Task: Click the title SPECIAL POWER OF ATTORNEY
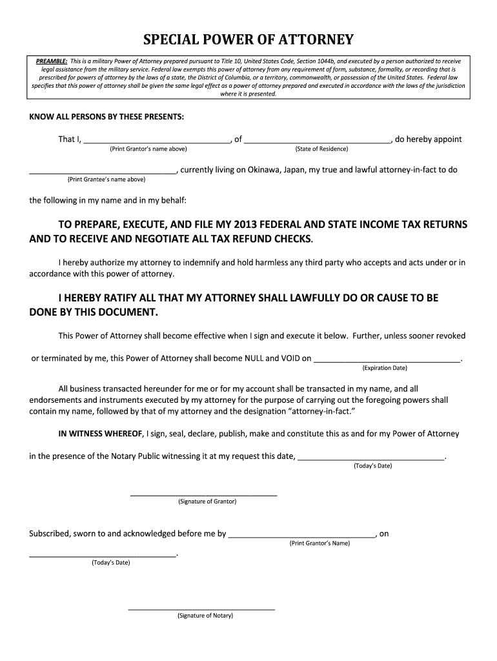click(x=249, y=40)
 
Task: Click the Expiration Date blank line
click(x=387, y=359)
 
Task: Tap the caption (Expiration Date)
click(x=385, y=368)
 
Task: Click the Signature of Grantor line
click(x=204, y=494)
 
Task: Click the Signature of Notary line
click(x=201, y=608)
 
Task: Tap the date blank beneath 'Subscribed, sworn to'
click(x=103, y=554)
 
